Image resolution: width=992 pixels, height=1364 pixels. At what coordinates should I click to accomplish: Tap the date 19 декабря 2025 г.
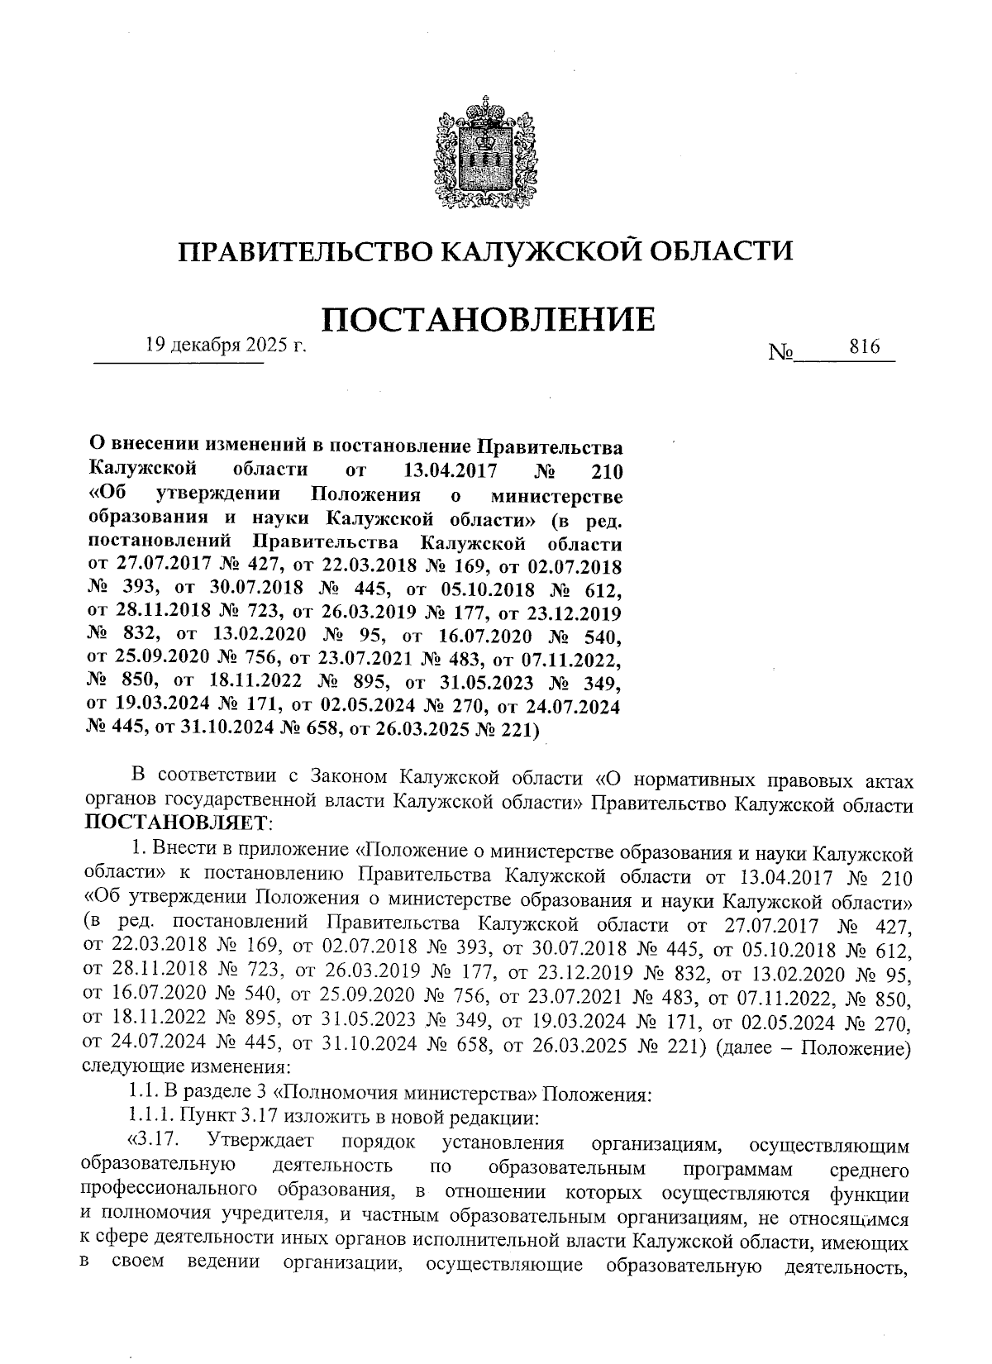226,346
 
